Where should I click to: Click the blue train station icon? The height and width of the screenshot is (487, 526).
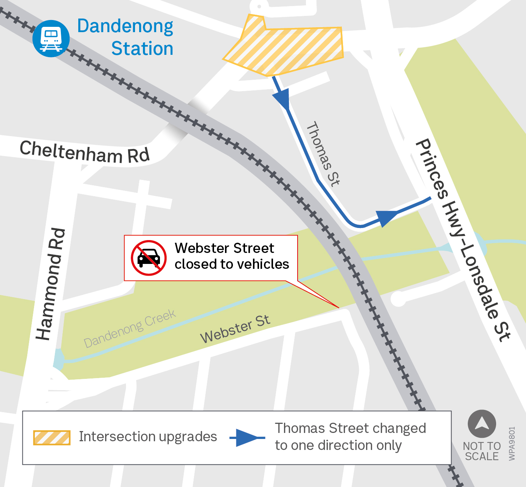coord(51,39)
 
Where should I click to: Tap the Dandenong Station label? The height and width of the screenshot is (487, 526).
coord(125,37)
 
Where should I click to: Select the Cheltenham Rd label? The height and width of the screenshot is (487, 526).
coord(85,152)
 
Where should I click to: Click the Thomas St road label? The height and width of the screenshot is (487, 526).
coord(323,154)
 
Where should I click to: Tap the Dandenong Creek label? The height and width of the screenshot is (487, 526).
coord(130,329)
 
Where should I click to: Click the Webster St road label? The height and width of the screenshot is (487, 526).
coord(235,329)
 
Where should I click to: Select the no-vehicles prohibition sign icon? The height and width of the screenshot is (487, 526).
coord(149,258)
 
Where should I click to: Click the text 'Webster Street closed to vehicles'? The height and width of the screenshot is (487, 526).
coord(231,256)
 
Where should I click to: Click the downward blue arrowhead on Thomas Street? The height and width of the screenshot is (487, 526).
coord(282,99)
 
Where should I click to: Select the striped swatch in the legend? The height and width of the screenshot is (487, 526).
coord(52,437)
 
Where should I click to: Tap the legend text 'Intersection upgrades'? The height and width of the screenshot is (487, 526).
coord(148,437)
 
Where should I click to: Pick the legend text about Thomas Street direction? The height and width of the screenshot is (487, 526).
coord(350,437)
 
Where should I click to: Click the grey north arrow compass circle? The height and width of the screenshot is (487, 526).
coord(482,424)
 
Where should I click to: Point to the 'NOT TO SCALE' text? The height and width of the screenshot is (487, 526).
coord(482,451)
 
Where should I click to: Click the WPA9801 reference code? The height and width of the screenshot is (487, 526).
coord(512,444)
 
